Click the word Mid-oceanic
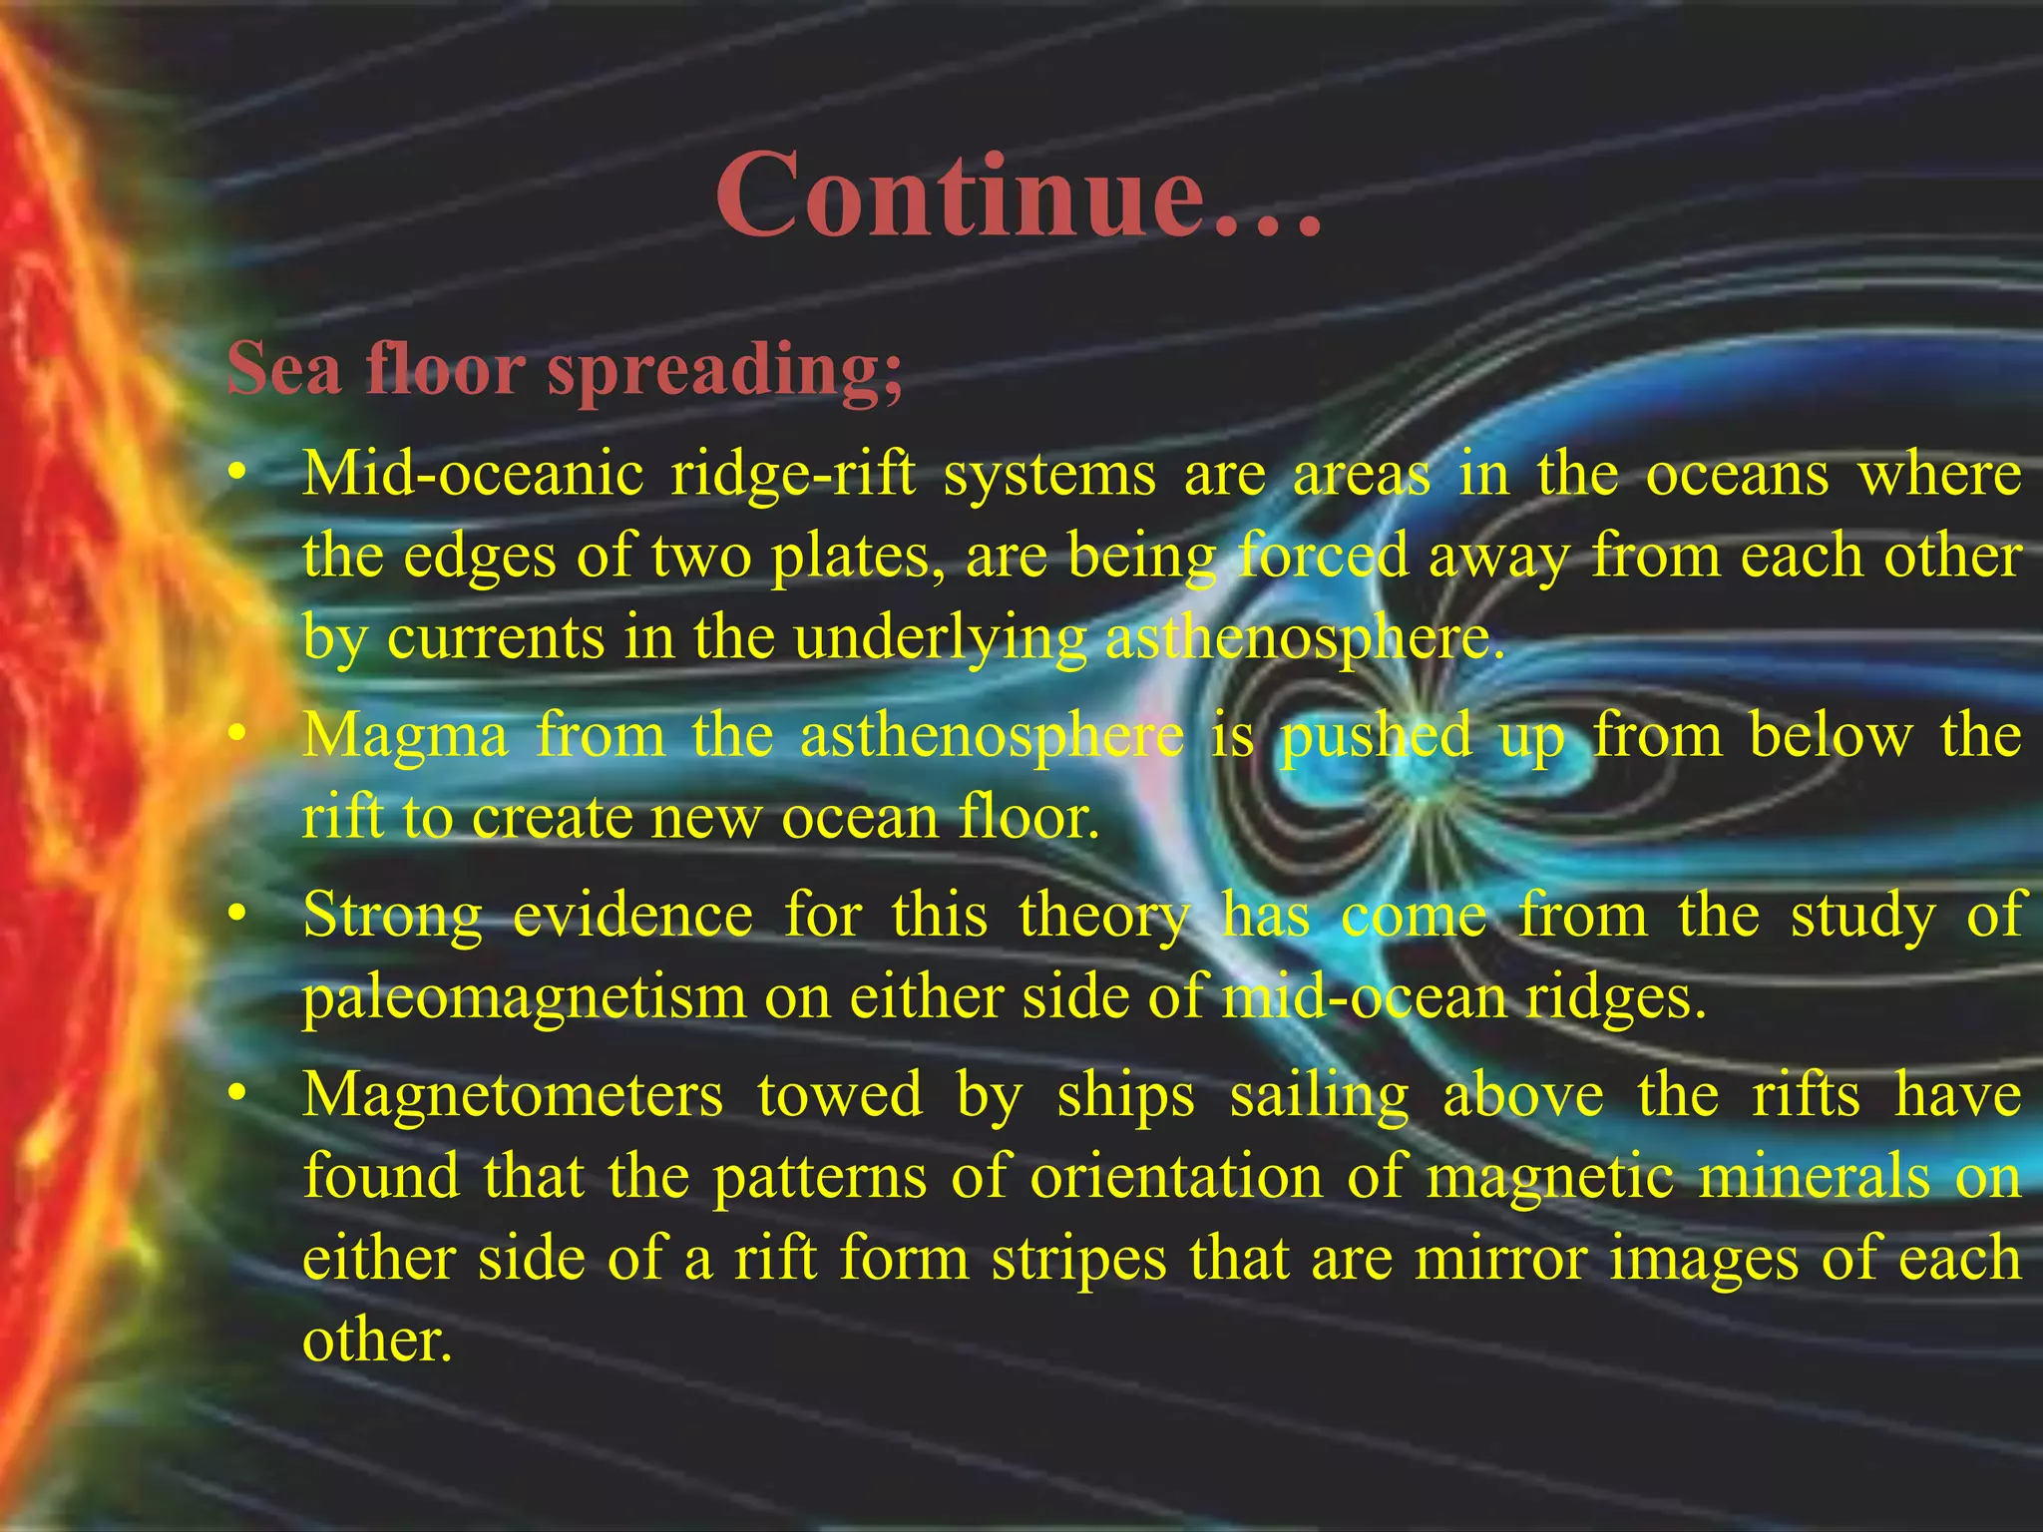473,475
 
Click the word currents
496,638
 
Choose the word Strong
392,917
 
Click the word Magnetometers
513,1095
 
